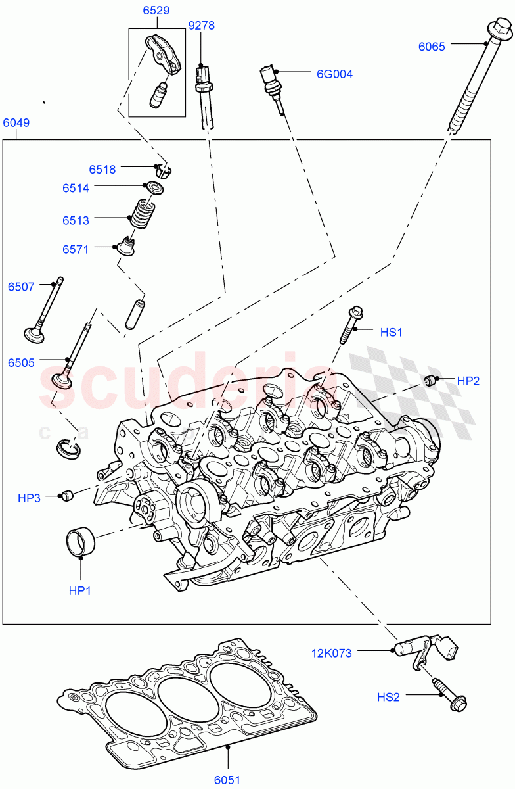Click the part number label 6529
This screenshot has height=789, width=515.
coord(156,11)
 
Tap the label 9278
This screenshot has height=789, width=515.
coord(201,26)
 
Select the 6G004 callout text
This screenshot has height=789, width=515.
coord(334,74)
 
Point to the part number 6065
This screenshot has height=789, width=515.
coord(432,46)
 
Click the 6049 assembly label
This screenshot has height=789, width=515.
coord(16,123)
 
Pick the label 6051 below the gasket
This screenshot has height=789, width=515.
coord(227,780)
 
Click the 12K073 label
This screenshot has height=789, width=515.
coord(332,653)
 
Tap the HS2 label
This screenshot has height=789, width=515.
coord(388,696)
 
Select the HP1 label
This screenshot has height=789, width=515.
coord(79,590)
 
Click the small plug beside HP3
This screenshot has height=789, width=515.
coord(65,495)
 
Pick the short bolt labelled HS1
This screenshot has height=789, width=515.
coord(350,325)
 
